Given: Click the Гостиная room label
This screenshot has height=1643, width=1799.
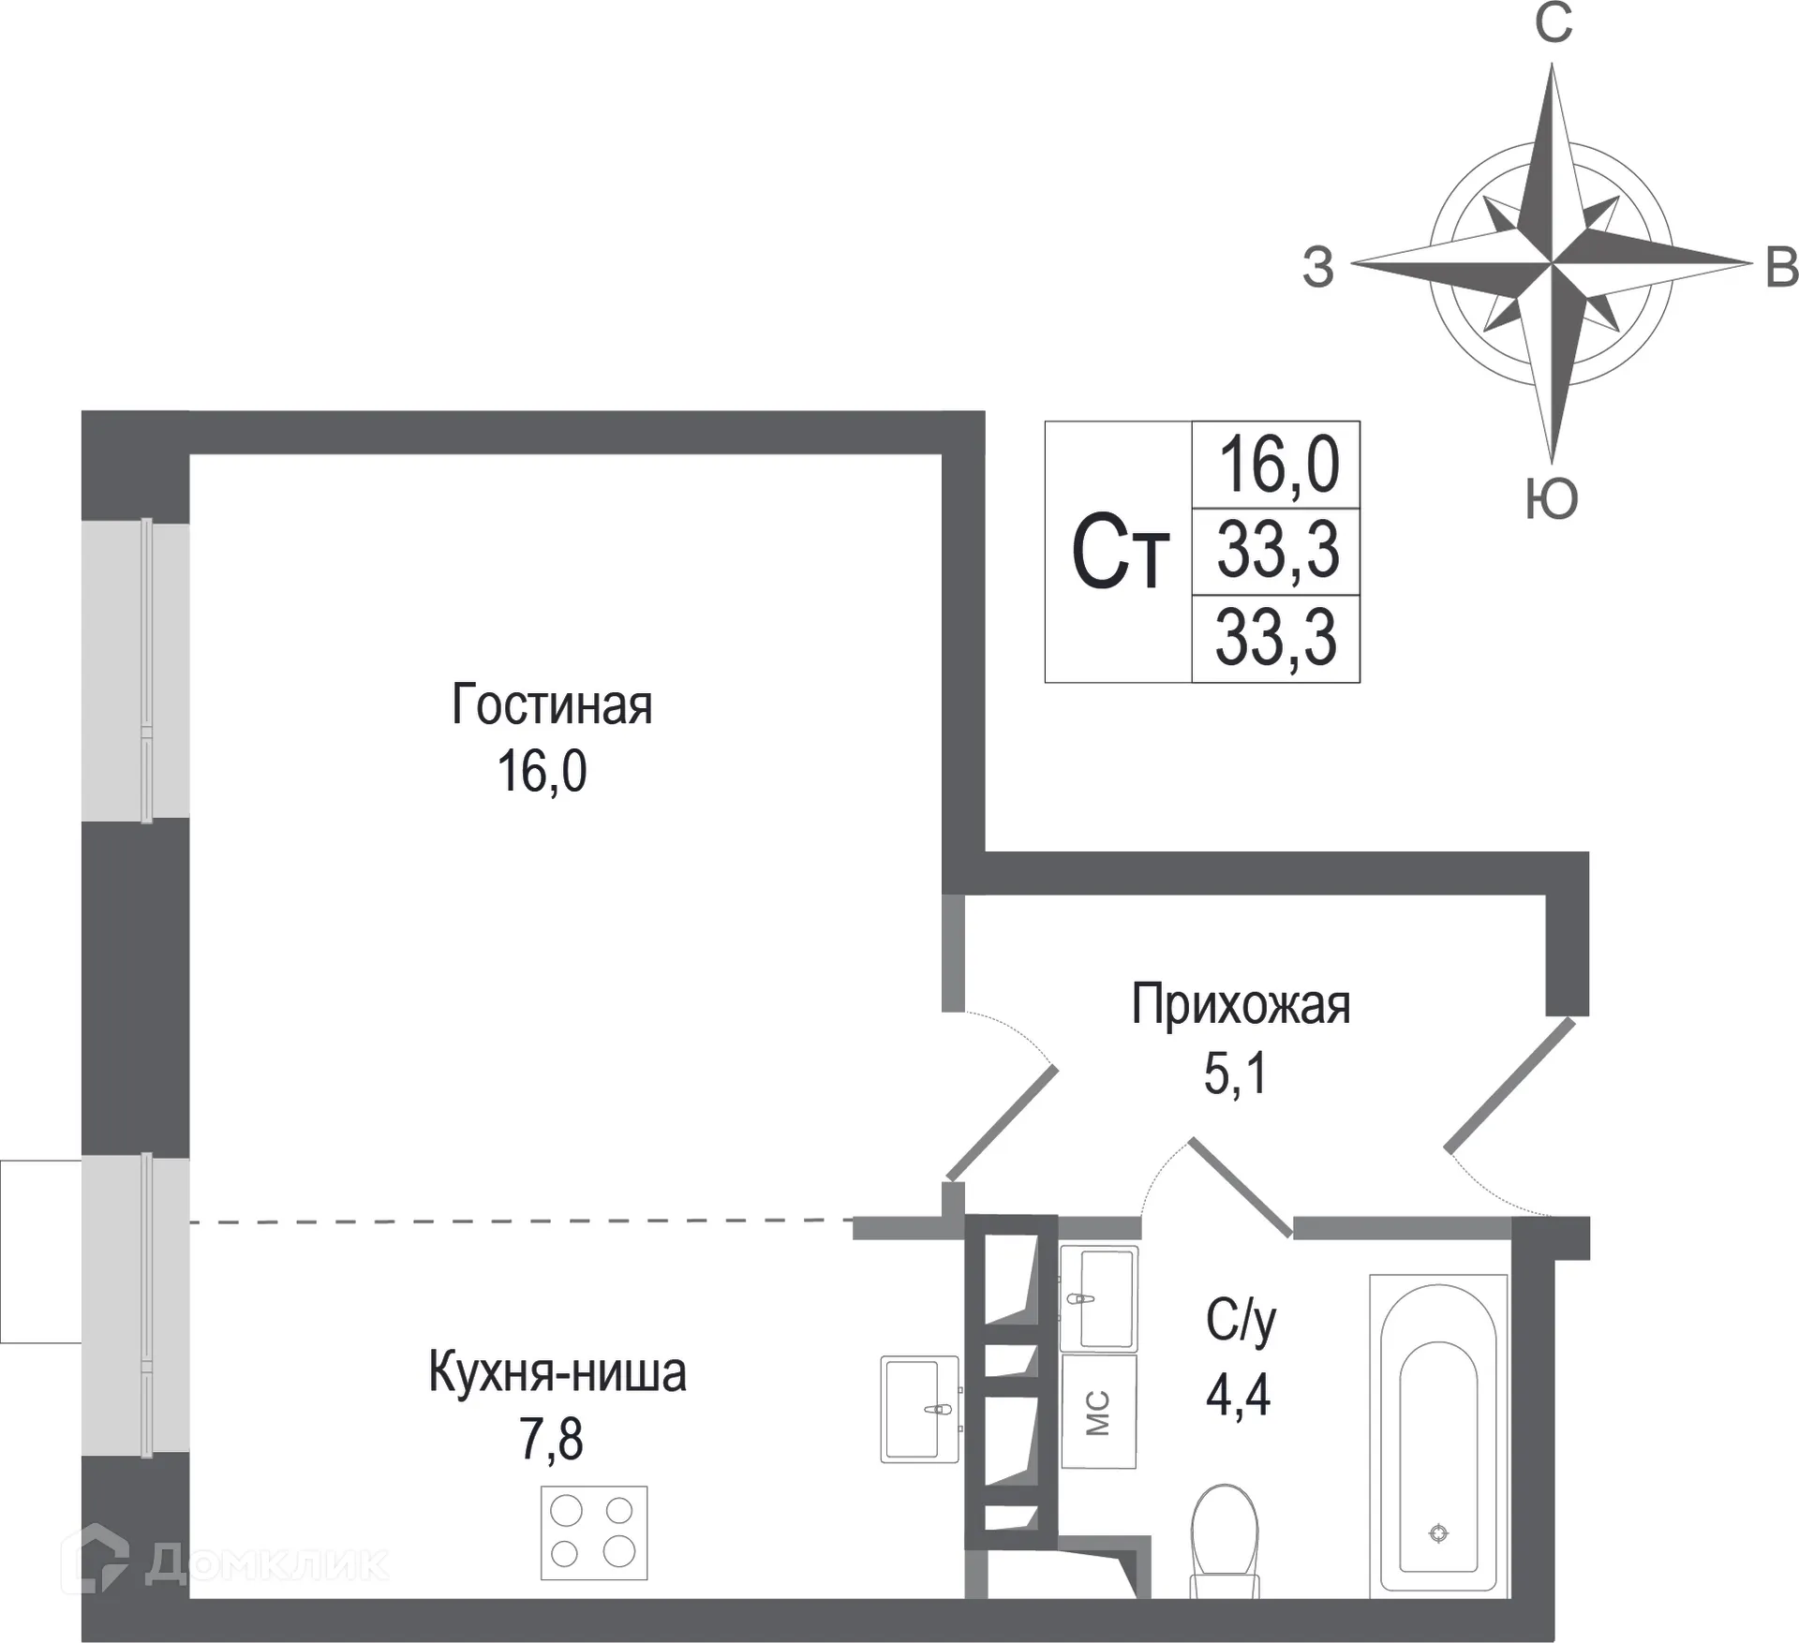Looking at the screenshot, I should (x=551, y=705).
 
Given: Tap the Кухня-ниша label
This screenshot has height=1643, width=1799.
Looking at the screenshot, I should (x=558, y=1372).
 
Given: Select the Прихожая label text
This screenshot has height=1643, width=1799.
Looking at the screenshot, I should (x=1240, y=1005).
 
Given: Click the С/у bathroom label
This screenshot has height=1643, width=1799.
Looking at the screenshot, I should (x=1240, y=1323).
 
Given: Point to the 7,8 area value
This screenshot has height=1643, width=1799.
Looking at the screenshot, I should (x=551, y=1440).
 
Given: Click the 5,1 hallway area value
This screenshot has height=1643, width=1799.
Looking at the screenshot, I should (x=1235, y=1073).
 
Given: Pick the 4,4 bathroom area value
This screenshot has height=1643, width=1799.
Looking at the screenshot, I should (x=1238, y=1396).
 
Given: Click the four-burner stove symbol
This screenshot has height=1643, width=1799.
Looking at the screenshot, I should (x=594, y=1532).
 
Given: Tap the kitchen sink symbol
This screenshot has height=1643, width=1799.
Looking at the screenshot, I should (x=919, y=1409).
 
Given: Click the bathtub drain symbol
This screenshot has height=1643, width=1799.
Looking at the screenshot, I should (x=1438, y=1533).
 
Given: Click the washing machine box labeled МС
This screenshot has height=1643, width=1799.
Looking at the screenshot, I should (x=1098, y=1412).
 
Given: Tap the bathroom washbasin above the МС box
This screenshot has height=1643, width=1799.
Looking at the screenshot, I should (x=1099, y=1298).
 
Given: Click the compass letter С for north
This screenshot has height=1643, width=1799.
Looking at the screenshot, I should (x=1553, y=24).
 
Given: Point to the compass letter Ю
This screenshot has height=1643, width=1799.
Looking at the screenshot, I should (x=1552, y=498).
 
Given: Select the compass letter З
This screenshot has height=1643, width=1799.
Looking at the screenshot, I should (x=1317, y=268).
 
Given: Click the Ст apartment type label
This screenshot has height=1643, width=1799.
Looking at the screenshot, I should (x=1120, y=553).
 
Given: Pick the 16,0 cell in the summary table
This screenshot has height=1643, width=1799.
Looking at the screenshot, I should (x=1277, y=466).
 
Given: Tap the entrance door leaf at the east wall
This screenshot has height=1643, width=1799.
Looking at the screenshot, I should (x=1510, y=1086).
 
